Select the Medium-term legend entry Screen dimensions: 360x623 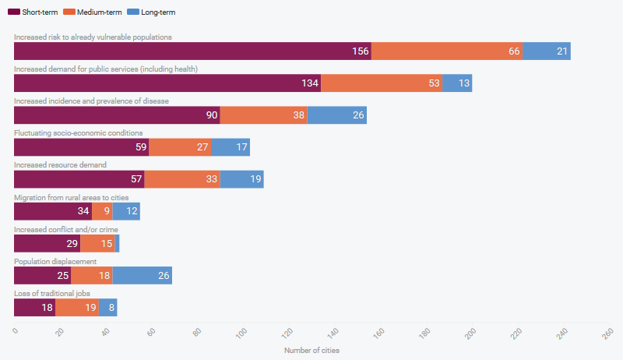click(91, 12)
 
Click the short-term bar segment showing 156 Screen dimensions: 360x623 click(192, 51)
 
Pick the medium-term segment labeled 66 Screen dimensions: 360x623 click(447, 51)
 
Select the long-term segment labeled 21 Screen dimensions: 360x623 click(547, 51)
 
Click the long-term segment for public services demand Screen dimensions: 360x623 click(457, 83)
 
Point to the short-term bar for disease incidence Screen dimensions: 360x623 click(117, 115)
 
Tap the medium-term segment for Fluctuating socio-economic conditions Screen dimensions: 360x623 click(180, 147)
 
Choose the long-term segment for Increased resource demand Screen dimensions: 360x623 click(241, 179)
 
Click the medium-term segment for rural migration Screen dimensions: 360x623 click(102, 211)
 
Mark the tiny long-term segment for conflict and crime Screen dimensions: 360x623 click(117, 243)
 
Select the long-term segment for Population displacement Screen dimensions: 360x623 click(142, 275)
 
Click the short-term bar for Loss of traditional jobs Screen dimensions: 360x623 click(34, 307)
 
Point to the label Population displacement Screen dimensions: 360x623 click(55, 261)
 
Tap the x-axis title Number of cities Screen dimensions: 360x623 click(311, 351)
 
